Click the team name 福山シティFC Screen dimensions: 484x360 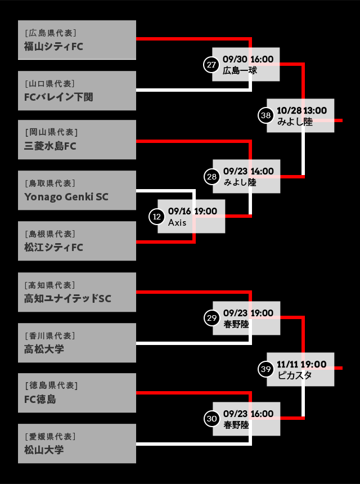click(53, 46)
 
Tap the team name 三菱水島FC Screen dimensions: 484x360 click(50, 146)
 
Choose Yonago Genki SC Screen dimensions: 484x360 click(66, 197)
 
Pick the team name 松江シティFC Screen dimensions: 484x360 click(53, 248)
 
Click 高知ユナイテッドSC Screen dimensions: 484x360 click(67, 299)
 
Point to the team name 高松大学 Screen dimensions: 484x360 click(44, 349)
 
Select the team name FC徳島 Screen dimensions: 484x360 click(40, 400)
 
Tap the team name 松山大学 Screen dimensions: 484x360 click(44, 450)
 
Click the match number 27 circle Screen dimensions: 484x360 click(211, 65)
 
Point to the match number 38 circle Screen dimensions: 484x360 click(265, 115)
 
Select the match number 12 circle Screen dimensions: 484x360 click(156, 216)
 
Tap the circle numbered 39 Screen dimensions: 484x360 click(265, 369)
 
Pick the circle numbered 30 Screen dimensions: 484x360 click(211, 419)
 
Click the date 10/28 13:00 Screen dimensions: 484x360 click(301, 110)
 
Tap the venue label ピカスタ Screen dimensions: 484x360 click(295, 375)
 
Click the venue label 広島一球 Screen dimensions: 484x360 click(240, 71)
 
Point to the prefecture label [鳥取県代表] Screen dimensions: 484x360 click(49, 183)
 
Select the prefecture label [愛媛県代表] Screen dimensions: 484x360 click(49, 436)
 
